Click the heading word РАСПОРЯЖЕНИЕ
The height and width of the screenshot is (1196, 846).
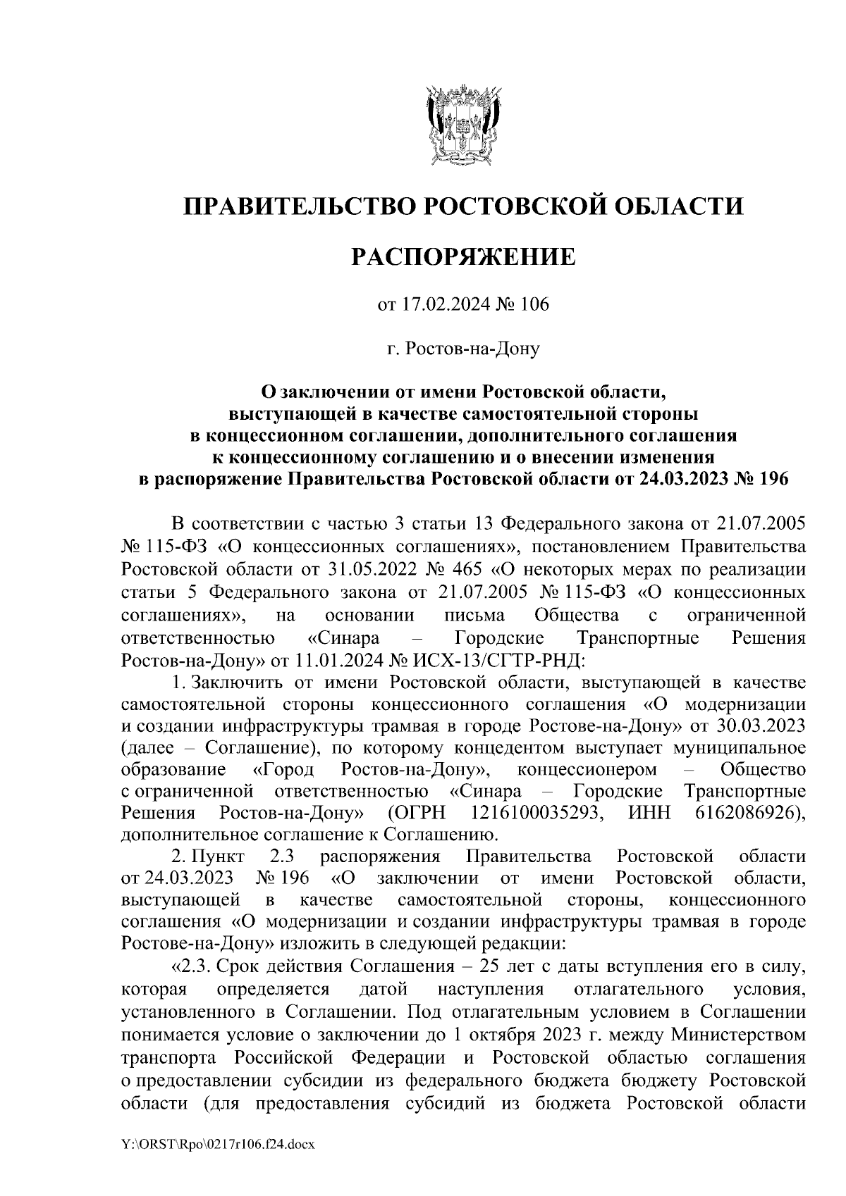(x=463, y=257)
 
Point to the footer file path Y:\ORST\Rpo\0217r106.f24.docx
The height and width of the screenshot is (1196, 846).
(x=217, y=1146)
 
